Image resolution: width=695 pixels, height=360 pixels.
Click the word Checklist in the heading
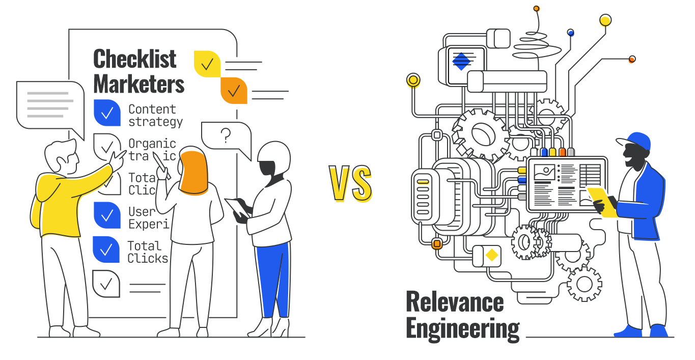click(135, 59)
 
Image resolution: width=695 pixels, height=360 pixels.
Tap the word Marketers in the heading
click(139, 84)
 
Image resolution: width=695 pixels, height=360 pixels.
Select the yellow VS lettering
click(350, 184)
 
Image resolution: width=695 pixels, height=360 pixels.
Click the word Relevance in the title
click(455, 302)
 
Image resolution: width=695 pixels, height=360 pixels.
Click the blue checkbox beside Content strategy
click(107, 113)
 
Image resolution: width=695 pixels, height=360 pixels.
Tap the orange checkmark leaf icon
click(234, 91)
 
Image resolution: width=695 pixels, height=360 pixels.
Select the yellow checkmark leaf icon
click(207, 64)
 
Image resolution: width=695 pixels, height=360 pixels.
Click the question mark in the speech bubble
click(226, 135)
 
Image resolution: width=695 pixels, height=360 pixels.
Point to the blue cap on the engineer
click(637, 141)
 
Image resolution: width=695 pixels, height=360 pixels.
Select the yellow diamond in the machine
click(492, 255)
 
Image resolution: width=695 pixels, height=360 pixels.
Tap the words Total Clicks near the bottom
click(147, 252)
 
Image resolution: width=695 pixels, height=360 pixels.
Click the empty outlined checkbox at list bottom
click(106, 284)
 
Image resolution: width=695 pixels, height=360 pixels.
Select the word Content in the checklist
click(152, 109)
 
